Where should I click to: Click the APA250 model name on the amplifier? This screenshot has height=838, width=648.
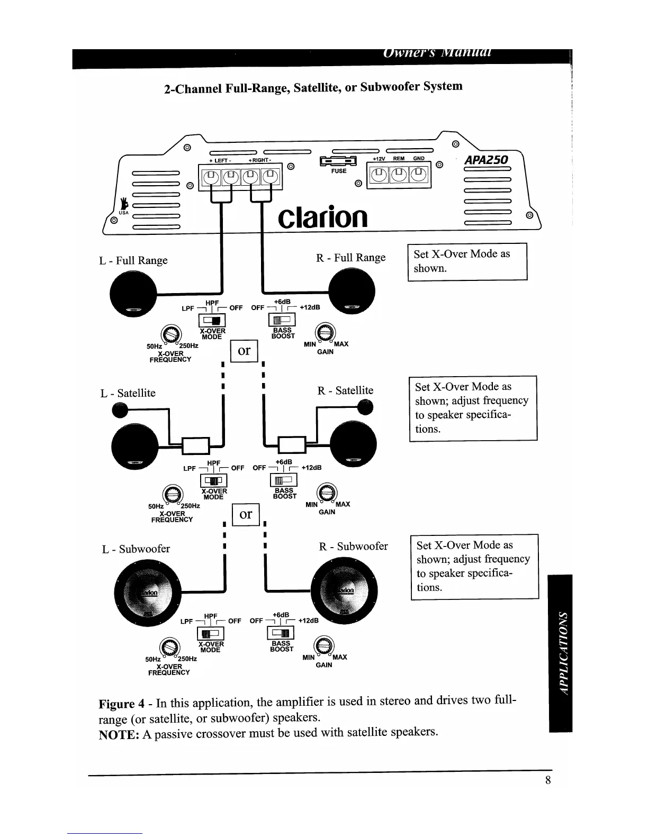486,160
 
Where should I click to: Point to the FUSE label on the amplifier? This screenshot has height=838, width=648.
339,171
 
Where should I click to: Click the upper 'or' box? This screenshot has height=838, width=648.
244,351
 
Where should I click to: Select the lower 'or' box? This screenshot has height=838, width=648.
246,514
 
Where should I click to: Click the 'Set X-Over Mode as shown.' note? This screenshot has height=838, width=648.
467,261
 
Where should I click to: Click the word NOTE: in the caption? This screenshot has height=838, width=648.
119,735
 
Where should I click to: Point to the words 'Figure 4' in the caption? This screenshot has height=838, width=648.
122,704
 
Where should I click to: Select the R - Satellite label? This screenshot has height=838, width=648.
345,390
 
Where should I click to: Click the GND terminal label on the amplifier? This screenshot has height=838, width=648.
419,158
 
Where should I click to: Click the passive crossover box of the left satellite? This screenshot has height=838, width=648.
195,445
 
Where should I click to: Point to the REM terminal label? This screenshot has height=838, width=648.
398,158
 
